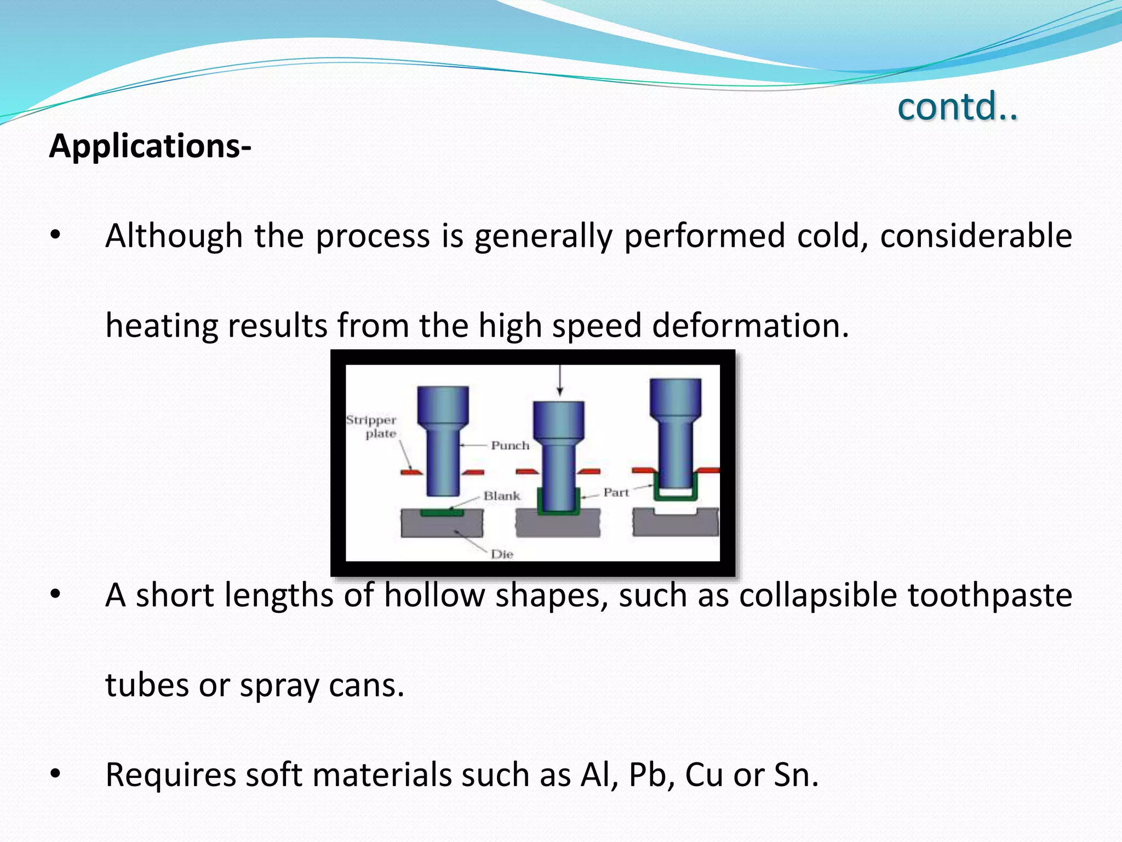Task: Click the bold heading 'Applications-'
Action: pyautogui.click(x=150, y=147)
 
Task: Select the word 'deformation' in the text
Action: pyautogui.click(x=749, y=326)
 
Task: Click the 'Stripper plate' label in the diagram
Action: pyautogui.click(x=372, y=426)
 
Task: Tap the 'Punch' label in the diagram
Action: pyautogui.click(x=510, y=446)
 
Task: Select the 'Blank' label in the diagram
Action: pyautogui.click(x=501, y=496)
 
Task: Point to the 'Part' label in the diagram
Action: pyautogui.click(x=616, y=493)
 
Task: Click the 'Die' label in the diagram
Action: pyautogui.click(x=502, y=554)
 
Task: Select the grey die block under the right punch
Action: pyautogui.click(x=675, y=524)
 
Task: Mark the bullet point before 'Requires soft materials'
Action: pyautogui.click(x=55, y=774)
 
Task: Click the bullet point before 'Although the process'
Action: pyautogui.click(x=55, y=235)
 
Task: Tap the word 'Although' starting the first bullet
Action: pyautogui.click(x=174, y=236)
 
